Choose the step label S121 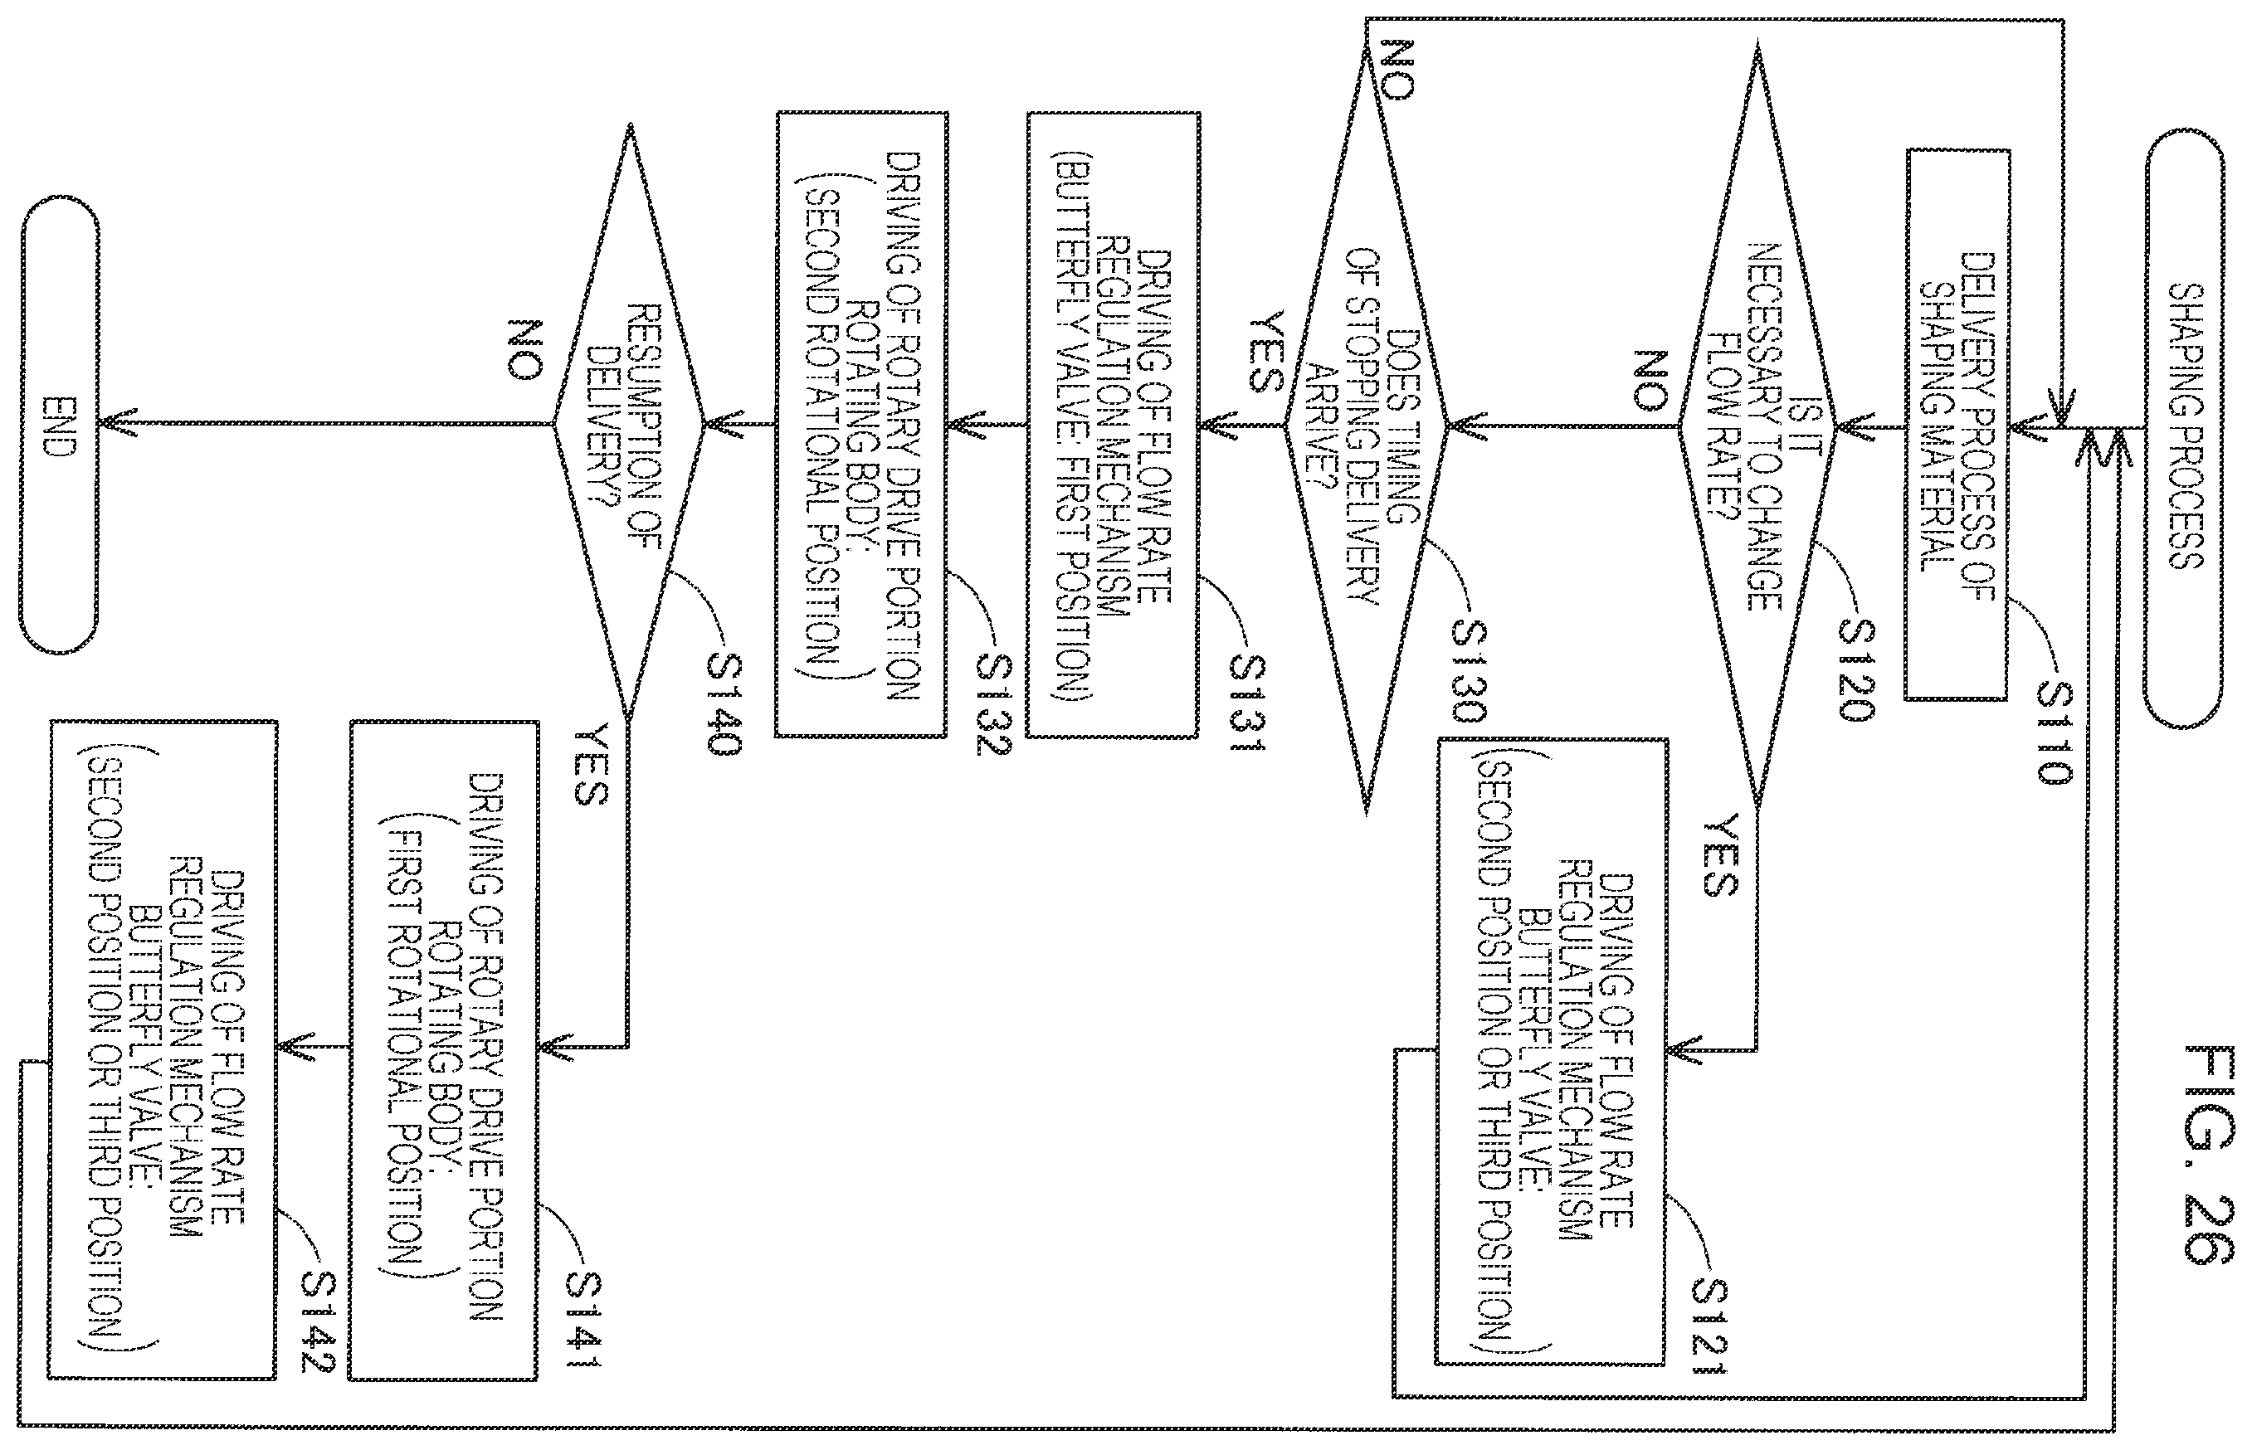(1708, 1325)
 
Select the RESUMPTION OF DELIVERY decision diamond (628, 425)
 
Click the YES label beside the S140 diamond (590, 764)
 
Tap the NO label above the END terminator (523, 349)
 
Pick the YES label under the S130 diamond (1264, 353)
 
